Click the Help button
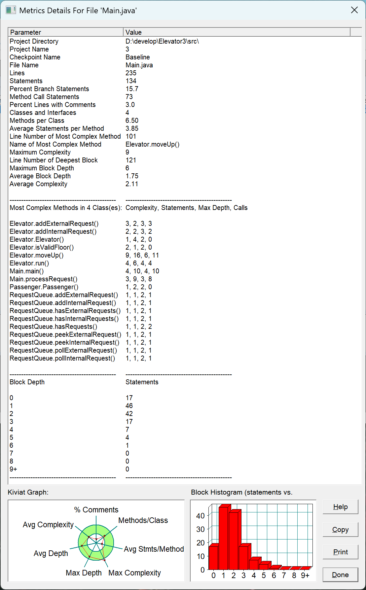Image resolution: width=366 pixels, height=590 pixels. [340, 507]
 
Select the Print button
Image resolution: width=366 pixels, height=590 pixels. [340, 552]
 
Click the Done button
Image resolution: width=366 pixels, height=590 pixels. [340, 575]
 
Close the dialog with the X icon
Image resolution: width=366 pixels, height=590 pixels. [354, 10]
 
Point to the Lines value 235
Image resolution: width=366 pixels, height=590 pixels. [131, 73]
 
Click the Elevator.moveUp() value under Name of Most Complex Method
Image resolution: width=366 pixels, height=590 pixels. [152, 144]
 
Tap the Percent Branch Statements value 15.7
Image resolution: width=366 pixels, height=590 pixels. [132, 89]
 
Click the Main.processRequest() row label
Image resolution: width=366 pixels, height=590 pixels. [43, 279]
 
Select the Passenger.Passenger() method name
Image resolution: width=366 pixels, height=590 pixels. [44, 287]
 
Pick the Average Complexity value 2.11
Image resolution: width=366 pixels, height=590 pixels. [131, 184]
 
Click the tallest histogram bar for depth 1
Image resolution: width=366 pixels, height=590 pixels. [224, 538]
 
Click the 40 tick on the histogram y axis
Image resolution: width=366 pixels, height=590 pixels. [200, 516]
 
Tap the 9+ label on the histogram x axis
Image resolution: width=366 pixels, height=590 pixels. [305, 575]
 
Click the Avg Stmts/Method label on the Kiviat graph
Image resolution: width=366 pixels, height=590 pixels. [154, 549]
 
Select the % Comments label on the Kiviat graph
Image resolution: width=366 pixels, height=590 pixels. [96, 510]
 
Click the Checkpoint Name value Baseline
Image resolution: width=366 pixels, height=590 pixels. [137, 57]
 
